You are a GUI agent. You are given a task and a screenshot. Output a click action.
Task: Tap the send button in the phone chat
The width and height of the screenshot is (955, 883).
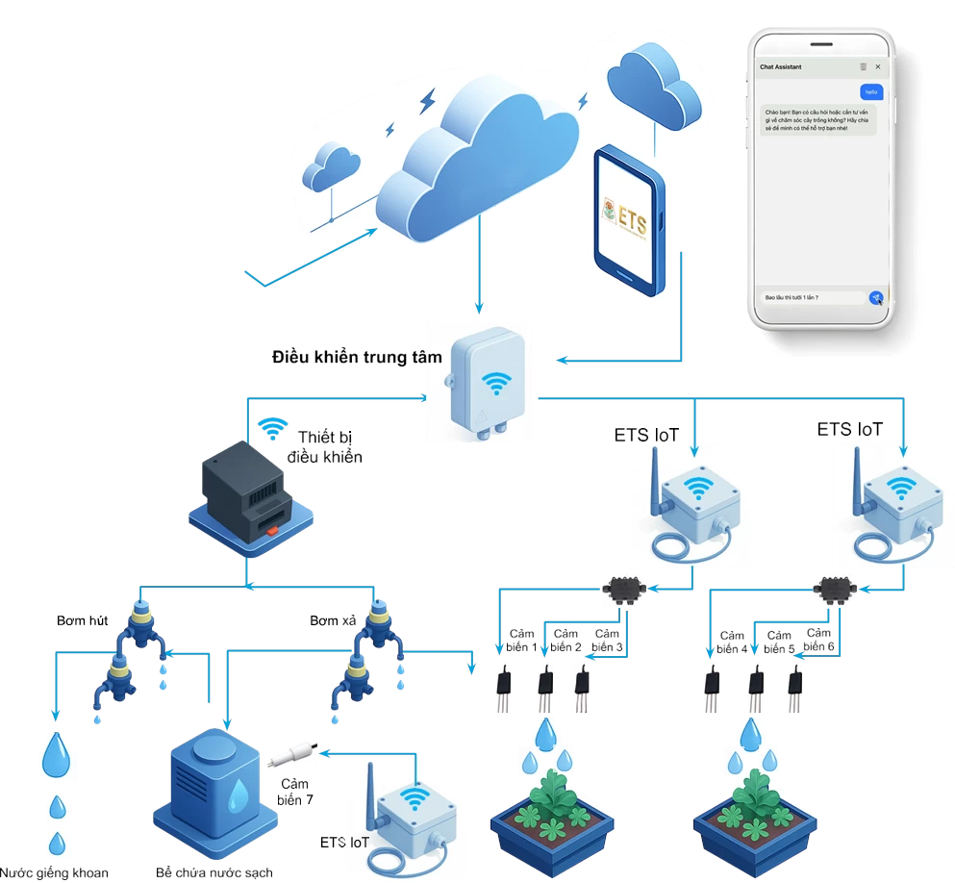pyautogui.click(x=875, y=298)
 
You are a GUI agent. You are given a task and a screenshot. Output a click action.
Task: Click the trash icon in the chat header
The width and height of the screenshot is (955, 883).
pyautogui.click(x=863, y=66)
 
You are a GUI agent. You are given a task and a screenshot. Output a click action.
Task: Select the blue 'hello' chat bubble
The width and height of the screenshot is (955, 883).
pyautogui.click(x=870, y=91)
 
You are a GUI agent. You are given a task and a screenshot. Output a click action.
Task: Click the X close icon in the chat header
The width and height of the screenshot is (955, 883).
pyautogui.click(x=878, y=66)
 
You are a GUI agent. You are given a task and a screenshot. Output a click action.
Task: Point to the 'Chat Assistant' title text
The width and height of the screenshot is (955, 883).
pyautogui.click(x=780, y=67)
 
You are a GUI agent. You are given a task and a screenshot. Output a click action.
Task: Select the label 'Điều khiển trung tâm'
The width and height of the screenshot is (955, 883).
pyautogui.click(x=358, y=358)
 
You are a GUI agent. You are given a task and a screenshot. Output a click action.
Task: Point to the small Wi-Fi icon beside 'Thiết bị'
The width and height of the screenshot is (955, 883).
pyautogui.click(x=274, y=427)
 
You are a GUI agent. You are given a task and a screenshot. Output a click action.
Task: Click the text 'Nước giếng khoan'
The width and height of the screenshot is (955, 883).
pyautogui.click(x=66, y=873)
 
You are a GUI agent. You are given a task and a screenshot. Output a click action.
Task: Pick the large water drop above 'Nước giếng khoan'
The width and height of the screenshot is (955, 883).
pyautogui.click(x=55, y=754)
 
